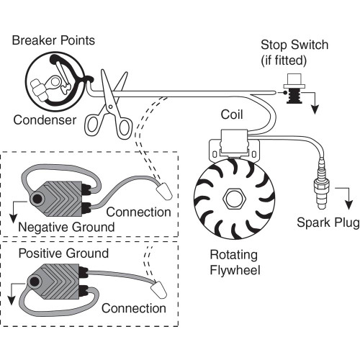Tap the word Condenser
tap(44, 120)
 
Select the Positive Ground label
tap(63, 253)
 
